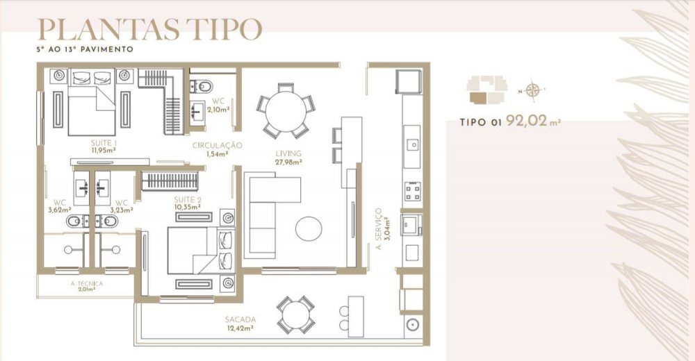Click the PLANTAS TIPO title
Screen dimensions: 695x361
[149, 29]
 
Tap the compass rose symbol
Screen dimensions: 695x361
[532, 91]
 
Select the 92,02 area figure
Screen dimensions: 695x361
[526, 120]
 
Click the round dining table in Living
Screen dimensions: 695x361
[286, 111]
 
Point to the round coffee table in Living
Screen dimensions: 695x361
[309, 228]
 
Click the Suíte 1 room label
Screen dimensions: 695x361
[104, 143]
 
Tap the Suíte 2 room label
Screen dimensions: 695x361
[188, 200]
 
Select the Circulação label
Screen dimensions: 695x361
[217, 145]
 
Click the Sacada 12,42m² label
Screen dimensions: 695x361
[240, 324]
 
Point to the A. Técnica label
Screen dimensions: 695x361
[86, 283]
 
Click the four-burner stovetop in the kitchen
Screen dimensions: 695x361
[412, 192]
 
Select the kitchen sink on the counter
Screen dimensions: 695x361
[412, 144]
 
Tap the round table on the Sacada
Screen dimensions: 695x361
[295, 315]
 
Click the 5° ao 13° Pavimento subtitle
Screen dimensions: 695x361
[85, 49]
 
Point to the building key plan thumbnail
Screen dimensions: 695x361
[486, 90]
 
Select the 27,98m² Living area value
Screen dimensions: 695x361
[288, 162]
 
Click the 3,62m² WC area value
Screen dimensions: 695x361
[60, 210]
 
